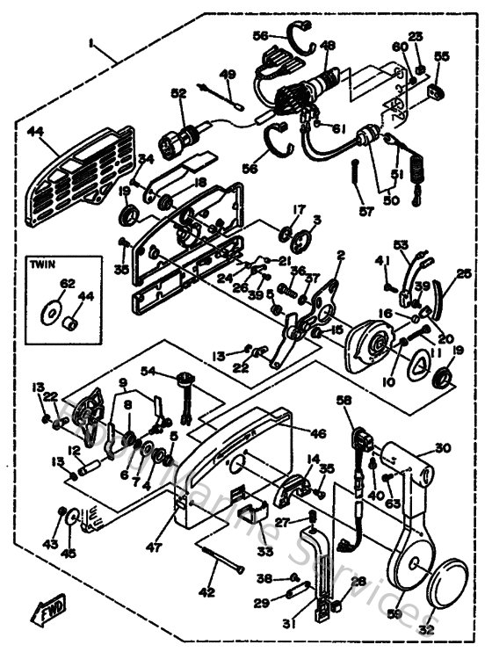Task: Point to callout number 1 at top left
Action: (90, 41)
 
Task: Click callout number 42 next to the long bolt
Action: (206, 590)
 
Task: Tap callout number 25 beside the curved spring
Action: (464, 274)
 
